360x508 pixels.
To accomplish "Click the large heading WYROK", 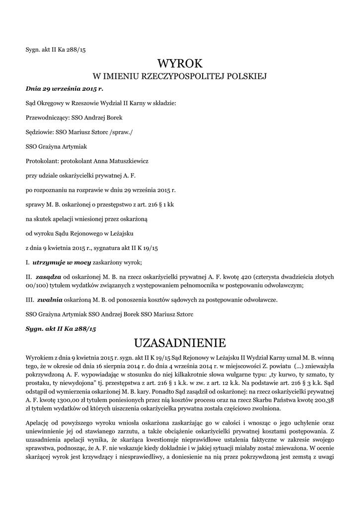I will tap(180, 63).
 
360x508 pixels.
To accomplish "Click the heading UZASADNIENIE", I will tap(180, 342).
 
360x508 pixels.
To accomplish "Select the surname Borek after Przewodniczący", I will tap(112, 118).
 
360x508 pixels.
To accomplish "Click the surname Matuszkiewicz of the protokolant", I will tap(121, 161).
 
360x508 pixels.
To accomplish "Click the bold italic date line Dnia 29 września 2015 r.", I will tap(64, 89).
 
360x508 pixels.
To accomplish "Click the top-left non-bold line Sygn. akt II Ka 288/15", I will tap(56, 49).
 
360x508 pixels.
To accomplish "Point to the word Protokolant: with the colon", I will tap(41, 161).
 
